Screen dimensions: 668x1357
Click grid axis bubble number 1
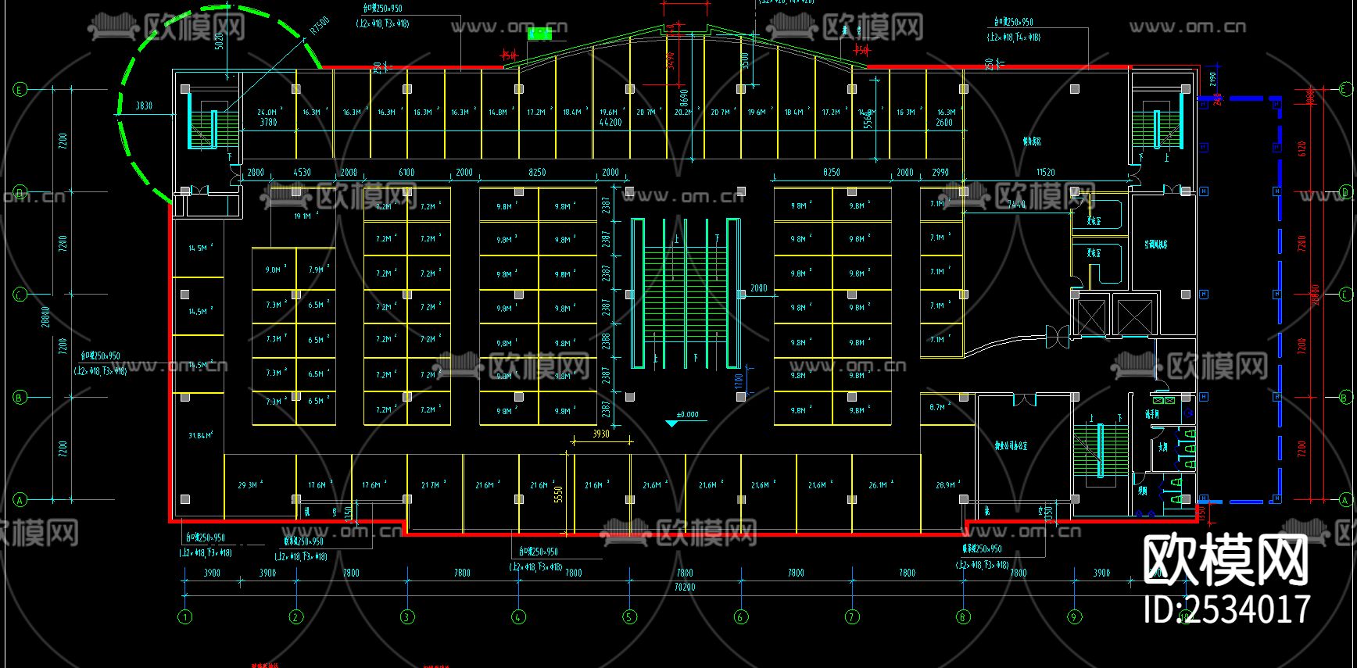pos(185,617)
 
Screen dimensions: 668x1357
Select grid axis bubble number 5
pos(630,617)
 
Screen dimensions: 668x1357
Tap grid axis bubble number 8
pos(963,617)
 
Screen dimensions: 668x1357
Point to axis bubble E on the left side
pos(20,90)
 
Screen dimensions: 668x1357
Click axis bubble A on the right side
pos(1345,500)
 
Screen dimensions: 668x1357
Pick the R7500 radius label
pos(319,27)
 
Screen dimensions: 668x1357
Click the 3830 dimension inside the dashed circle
pos(145,105)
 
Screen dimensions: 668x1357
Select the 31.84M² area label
pos(200,435)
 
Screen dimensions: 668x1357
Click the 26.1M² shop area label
pos(880,485)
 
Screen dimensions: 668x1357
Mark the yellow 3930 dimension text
pos(600,434)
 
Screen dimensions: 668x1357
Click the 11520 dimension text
pos(1045,172)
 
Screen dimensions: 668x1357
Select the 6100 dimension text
pos(406,172)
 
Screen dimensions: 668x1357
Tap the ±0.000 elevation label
pos(688,415)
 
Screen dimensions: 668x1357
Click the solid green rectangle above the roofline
pos(539,34)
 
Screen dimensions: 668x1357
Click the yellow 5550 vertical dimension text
pos(558,495)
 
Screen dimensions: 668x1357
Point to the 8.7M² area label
pos(937,407)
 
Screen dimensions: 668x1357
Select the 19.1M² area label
pos(303,216)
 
